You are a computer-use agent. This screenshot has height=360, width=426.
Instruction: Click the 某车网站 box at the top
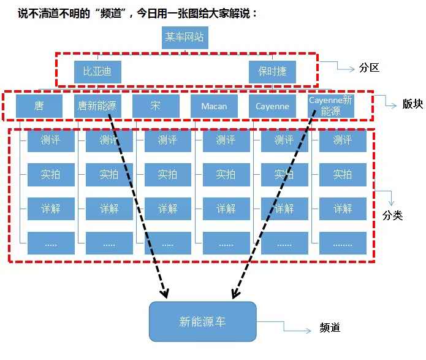(x=185, y=37)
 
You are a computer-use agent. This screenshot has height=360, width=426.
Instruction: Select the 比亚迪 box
(x=97, y=72)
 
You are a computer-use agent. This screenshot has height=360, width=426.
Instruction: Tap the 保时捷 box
(x=272, y=72)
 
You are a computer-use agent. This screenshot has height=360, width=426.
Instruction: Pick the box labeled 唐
(x=39, y=106)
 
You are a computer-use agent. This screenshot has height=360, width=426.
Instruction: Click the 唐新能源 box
(x=97, y=106)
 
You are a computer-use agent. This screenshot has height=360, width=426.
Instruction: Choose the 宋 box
(x=156, y=106)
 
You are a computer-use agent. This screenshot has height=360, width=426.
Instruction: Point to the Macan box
(x=214, y=106)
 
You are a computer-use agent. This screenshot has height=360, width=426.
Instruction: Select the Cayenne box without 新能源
(x=272, y=106)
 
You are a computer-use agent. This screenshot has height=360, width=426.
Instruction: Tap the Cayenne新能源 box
(x=330, y=106)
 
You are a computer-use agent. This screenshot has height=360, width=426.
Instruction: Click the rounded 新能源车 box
(x=203, y=321)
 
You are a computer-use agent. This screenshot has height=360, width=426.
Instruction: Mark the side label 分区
(x=369, y=67)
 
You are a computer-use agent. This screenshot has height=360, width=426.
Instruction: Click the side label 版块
(x=413, y=104)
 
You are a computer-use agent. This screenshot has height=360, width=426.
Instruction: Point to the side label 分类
(x=392, y=215)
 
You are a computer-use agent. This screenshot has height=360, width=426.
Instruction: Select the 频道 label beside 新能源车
(x=330, y=327)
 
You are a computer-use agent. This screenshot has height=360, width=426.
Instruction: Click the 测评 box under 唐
(x=51, y=140)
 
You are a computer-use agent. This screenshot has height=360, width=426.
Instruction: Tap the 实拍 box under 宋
(x=167, y=175)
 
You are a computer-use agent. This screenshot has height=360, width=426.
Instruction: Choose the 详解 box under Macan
(x=226, y=209)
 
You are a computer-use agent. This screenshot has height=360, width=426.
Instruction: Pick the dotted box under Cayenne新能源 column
(x=343, y=243)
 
